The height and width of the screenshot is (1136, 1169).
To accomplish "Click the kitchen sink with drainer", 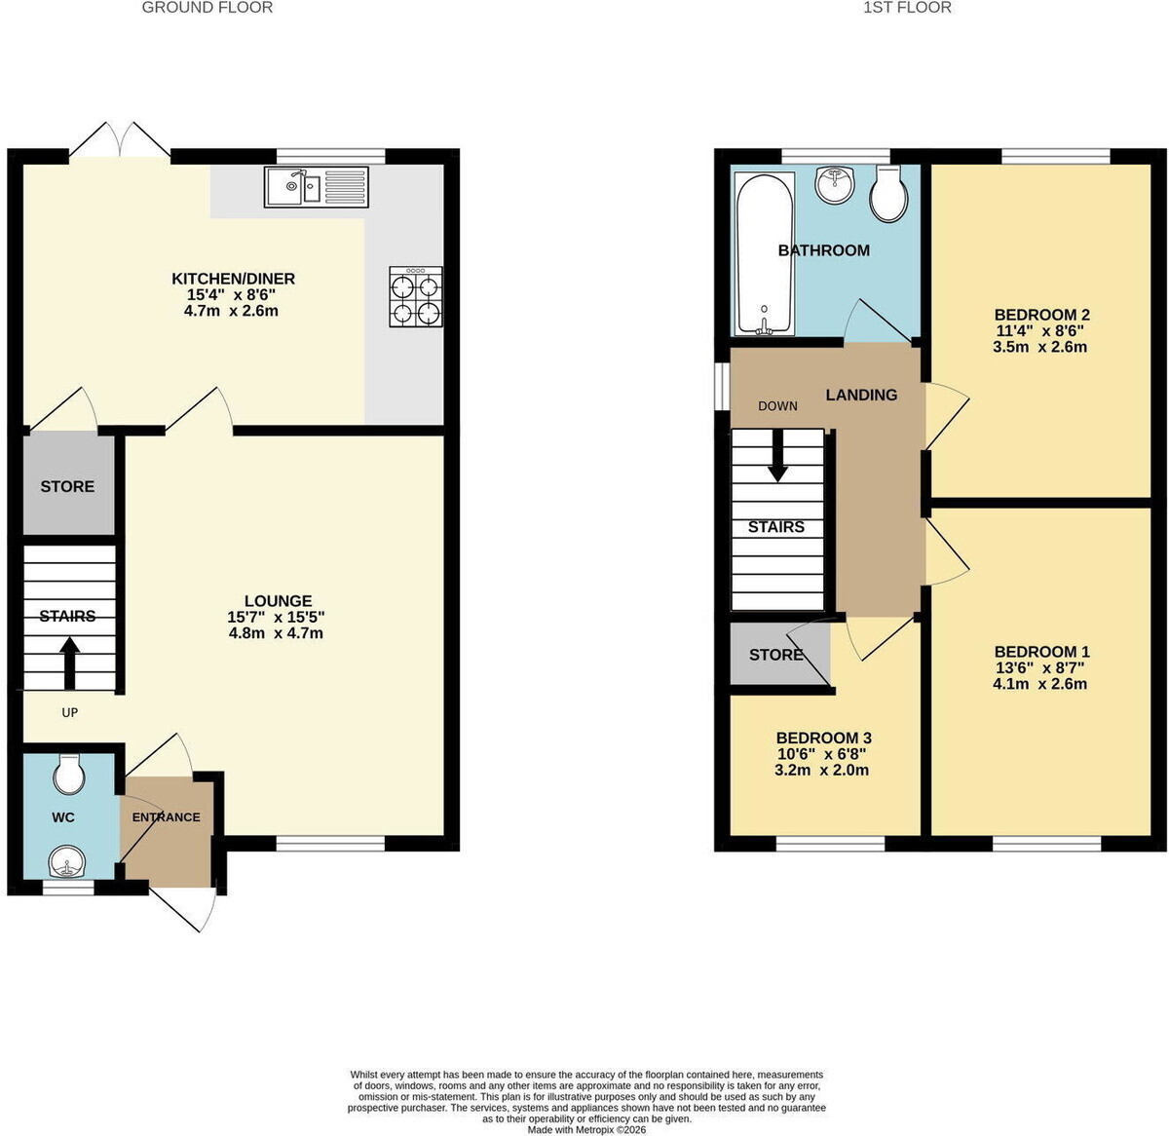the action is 316,187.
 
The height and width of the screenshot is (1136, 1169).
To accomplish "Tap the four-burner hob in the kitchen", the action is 415,297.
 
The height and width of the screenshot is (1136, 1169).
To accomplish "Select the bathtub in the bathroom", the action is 764,253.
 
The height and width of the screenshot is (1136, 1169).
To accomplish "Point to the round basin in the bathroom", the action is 835,184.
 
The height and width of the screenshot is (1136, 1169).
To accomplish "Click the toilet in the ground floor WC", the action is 69,774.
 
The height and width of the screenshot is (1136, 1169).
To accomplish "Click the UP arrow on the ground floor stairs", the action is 70,663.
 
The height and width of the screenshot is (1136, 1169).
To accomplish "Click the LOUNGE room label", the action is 279,601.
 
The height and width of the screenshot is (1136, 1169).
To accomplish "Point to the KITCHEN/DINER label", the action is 233,279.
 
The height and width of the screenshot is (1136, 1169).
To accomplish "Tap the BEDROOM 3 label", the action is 823,738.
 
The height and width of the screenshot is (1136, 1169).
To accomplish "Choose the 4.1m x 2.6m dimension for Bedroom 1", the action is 1039,684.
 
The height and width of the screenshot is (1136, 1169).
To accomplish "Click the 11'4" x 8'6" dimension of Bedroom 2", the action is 1039,330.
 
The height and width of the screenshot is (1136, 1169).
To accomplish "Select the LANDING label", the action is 861,395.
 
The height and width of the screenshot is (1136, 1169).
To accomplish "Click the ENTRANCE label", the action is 166,817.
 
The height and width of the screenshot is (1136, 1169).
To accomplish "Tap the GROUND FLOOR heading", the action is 207,8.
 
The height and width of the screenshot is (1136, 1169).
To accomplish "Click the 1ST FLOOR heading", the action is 907,8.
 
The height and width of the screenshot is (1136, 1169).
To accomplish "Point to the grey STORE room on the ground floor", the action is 68,484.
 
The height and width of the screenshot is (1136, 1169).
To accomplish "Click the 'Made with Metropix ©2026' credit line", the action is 586,1130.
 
